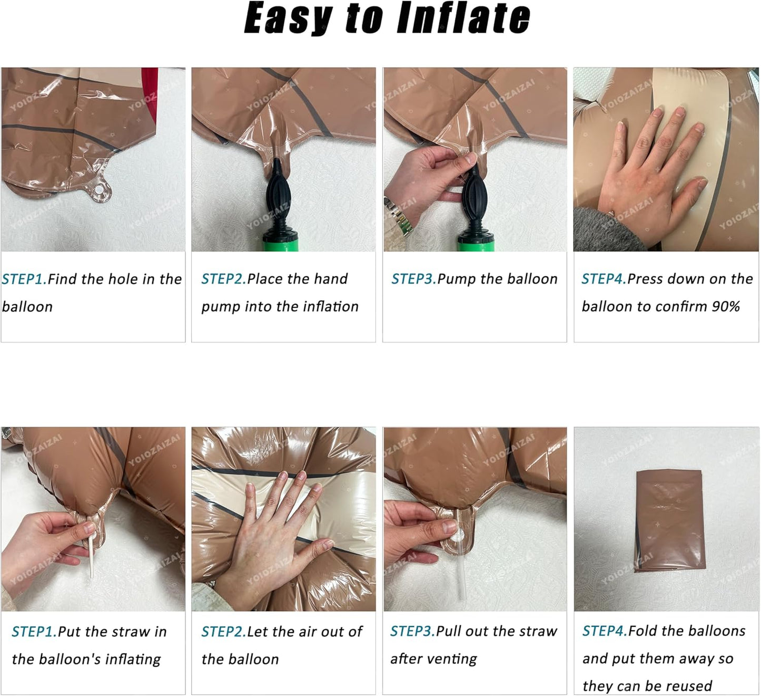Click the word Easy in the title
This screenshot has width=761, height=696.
pos(288,20)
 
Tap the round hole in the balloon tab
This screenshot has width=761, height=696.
pos(100,190)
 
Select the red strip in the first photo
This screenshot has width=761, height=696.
pos(150,95)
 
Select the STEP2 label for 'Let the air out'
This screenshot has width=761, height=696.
pos(223,632)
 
